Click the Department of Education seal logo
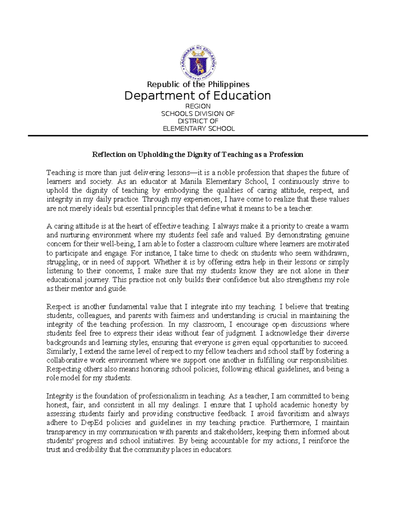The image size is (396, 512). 198,63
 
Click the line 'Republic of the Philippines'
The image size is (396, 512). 198,84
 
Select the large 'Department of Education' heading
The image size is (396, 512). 197,96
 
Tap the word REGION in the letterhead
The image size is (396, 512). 198,106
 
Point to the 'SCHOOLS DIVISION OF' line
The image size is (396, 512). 198,114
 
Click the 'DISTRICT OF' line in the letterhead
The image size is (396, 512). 198,121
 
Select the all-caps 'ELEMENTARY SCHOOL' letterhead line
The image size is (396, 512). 199,129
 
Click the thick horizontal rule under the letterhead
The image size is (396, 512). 198,136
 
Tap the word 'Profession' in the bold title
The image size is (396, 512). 286,155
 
